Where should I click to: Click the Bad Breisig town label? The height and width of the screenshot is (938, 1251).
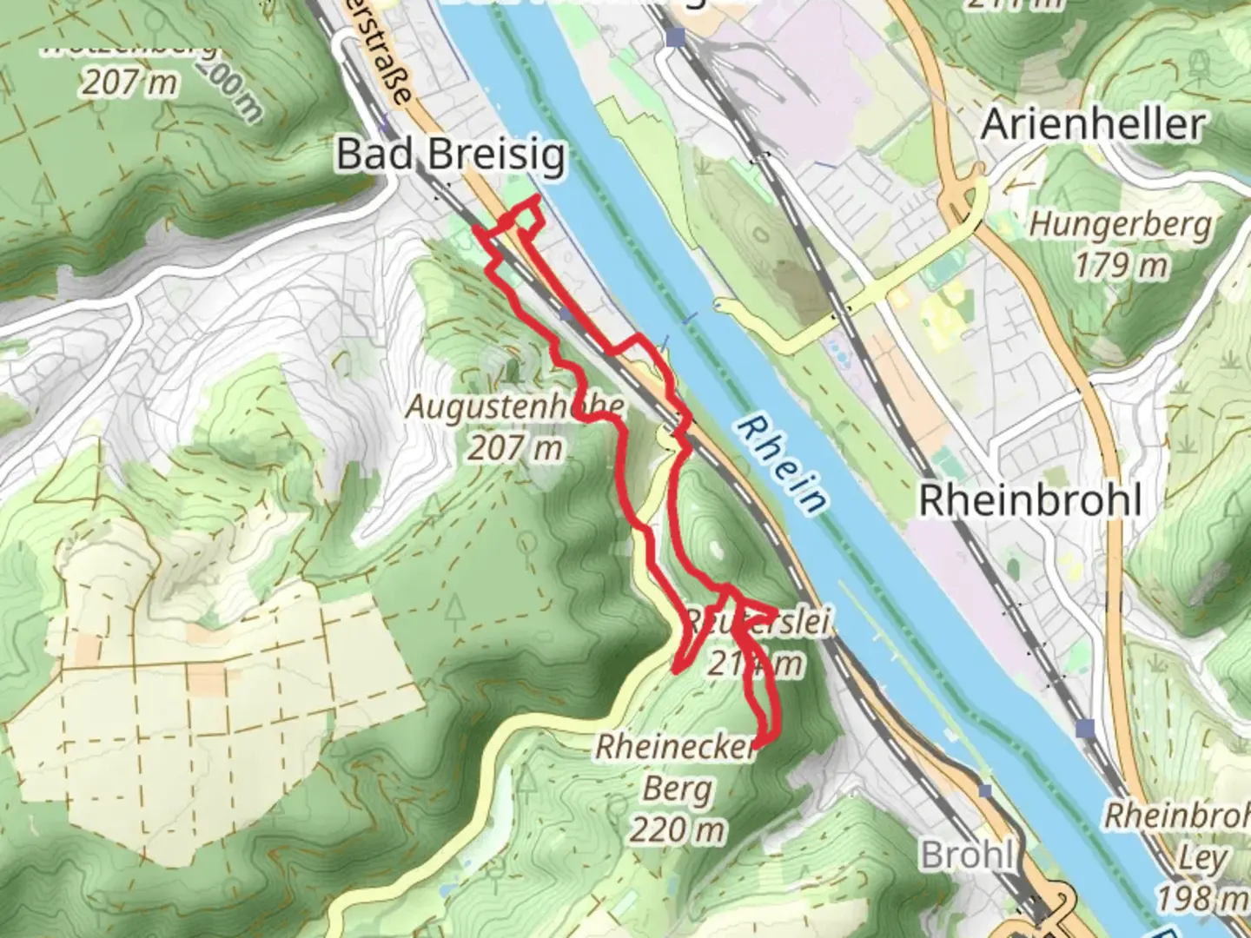[x=450, y=155]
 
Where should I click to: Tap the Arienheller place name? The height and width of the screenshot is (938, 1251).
[x=1093, y=125]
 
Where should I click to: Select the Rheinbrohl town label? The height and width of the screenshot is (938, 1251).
[x=1029, y=501]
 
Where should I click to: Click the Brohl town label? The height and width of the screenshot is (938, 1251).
[x=966, y=855]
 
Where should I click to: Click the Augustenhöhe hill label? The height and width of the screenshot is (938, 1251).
[x=514, y=406]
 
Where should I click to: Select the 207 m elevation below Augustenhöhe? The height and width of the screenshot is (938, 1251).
[x=514, y=447]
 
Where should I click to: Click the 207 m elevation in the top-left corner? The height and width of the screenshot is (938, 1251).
[x=130, y=83]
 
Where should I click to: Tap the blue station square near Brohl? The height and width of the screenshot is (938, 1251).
[x=984, y=790]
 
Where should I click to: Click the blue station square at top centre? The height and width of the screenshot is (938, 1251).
[x=676, y=36]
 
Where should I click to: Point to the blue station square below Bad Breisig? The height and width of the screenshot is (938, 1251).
[x=566, y=314]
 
